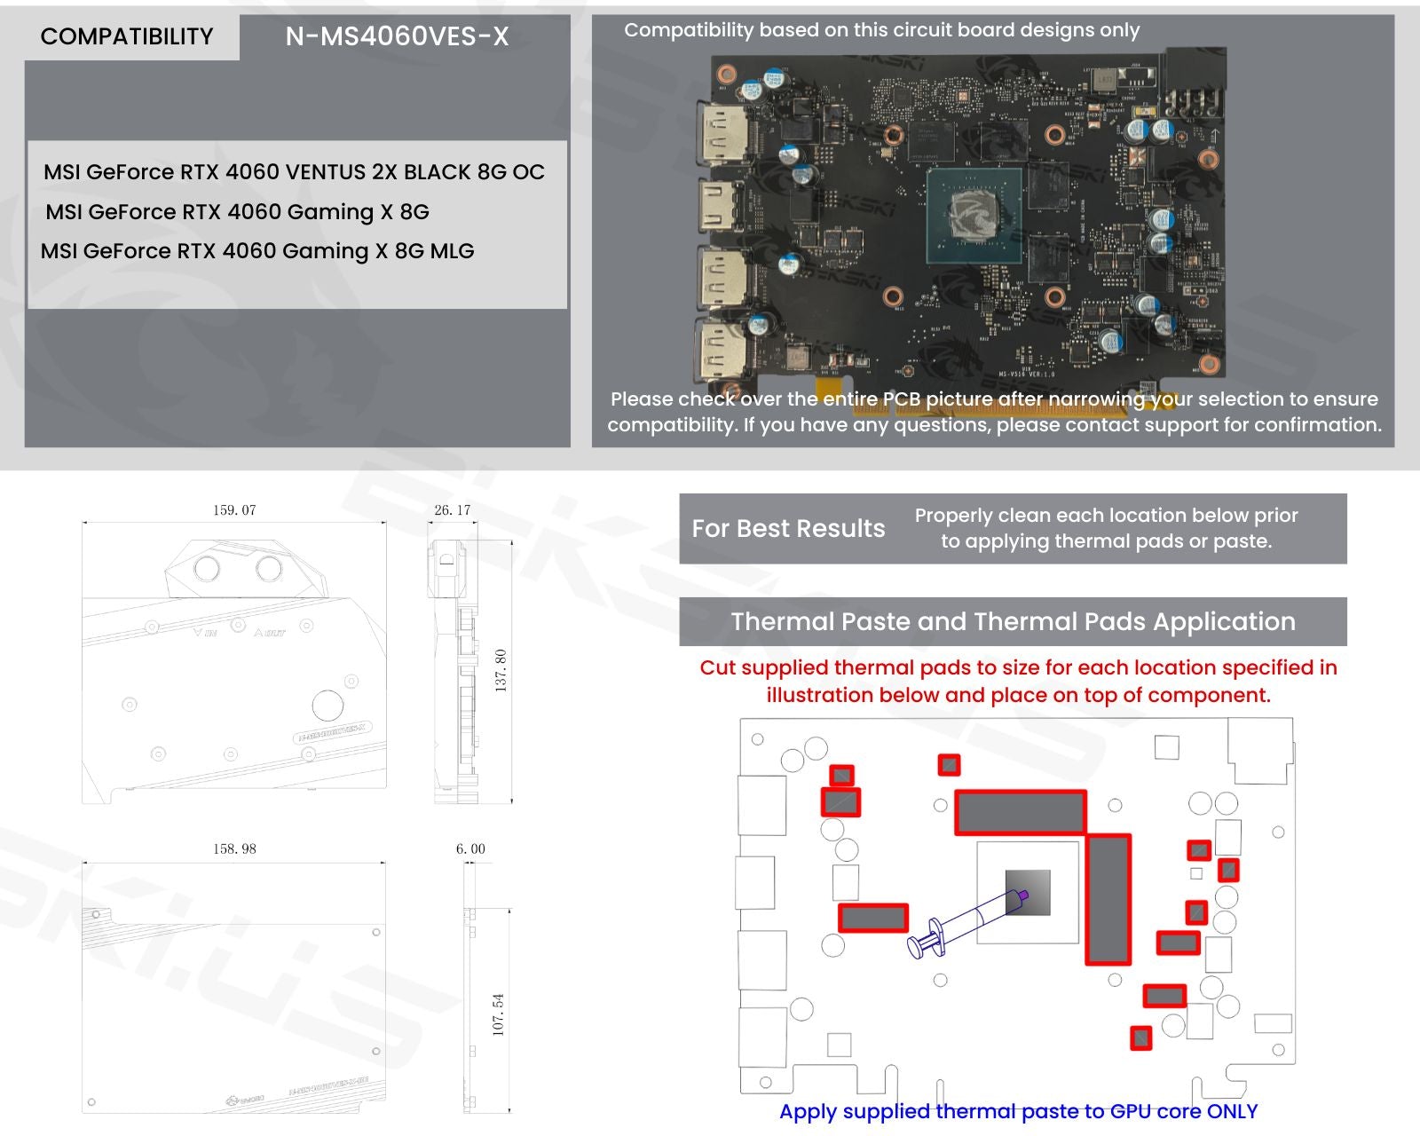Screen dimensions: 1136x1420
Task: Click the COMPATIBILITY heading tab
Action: [x=127, y=36]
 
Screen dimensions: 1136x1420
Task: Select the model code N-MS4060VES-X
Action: [x=397, y=36]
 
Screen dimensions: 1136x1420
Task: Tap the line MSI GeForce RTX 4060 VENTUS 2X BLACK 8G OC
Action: [x=294, y=172]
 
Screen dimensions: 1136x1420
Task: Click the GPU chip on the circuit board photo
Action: [x=974, y=216]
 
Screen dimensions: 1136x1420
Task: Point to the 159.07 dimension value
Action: [x=234, y=510]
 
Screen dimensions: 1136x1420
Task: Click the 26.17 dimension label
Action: [x=453, y=510]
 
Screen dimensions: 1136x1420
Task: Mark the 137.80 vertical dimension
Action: [x=501, y=670]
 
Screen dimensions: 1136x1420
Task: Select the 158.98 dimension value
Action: [x=234, y=849]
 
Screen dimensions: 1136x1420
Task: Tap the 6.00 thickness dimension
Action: [x=470, y=849]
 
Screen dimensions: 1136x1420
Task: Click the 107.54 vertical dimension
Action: [x=499, y=1014]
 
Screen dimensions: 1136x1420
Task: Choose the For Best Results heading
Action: [x=788, y=529]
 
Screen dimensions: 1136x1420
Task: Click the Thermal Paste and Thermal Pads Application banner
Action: [x=1013, y=621]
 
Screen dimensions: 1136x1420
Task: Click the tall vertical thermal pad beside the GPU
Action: [x=1108, y=899]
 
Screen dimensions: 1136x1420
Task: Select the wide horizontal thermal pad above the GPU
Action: [x=1021, y=812]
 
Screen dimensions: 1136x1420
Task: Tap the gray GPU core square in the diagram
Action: [x=1029, y=892]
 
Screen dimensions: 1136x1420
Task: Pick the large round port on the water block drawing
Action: [x=327, y=706]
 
